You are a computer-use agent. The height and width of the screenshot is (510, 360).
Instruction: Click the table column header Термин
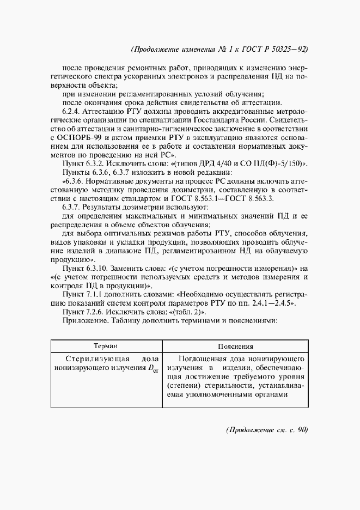click(x=106, y=346)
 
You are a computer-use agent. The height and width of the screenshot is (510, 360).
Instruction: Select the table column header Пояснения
click(x=235, y=346)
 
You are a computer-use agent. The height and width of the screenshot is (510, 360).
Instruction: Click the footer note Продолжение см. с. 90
click(x=266, y=429)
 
